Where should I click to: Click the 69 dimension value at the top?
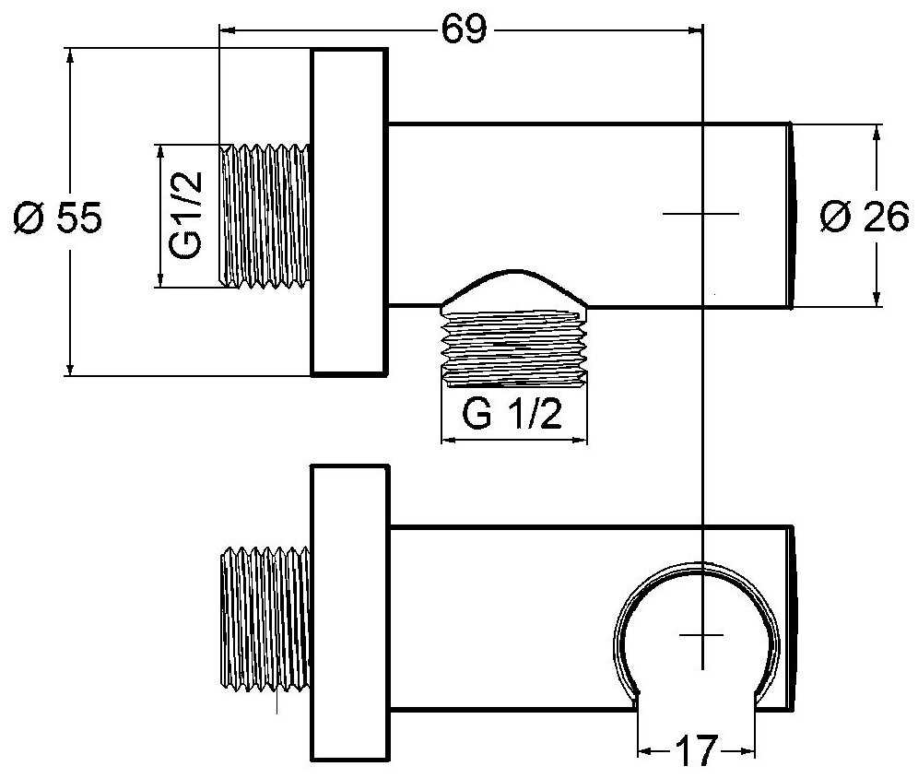click(464, 29)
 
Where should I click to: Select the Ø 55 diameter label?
click(58, 218)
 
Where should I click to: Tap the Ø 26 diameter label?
click(865, 216)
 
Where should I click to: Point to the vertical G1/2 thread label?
click(185, 215)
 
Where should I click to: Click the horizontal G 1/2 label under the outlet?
click(512, 415)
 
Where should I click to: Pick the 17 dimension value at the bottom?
click(696, 750)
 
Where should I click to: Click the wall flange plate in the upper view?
click(349, 211)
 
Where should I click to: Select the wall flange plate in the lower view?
click(350, 613)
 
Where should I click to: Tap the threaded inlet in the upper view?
click(265, 216)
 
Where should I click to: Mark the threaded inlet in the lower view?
click(265, 619)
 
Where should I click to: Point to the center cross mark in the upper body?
click(701, 214)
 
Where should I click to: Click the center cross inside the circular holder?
click(701, 634)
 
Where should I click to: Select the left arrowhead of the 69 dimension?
click(227, 29)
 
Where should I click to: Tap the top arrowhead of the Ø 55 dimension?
click(70, 57)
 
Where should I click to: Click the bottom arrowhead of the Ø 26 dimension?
click(877, 298)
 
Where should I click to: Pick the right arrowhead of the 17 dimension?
click(747, 751)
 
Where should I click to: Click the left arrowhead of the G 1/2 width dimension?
click(449, 441)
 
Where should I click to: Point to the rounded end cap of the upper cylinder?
click(792, 215)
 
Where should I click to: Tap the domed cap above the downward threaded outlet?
click(513, 287)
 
